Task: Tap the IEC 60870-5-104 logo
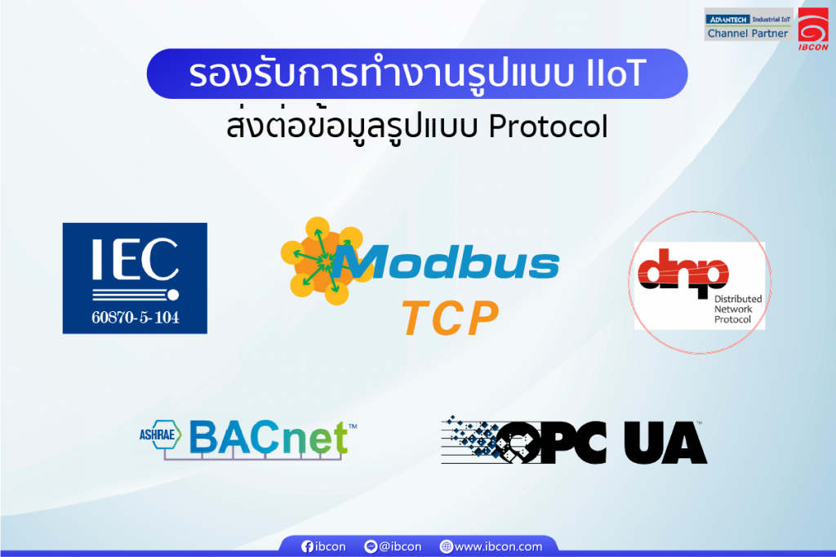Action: tap(135, 278)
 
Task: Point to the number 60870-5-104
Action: tap(135, 317)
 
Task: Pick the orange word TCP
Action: tap(451, 319)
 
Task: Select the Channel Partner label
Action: tap(748, 33)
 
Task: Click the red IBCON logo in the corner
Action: tap(813, 29)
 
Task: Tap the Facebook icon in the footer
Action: tap(308, 546)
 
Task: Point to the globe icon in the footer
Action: tap(446, 546)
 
